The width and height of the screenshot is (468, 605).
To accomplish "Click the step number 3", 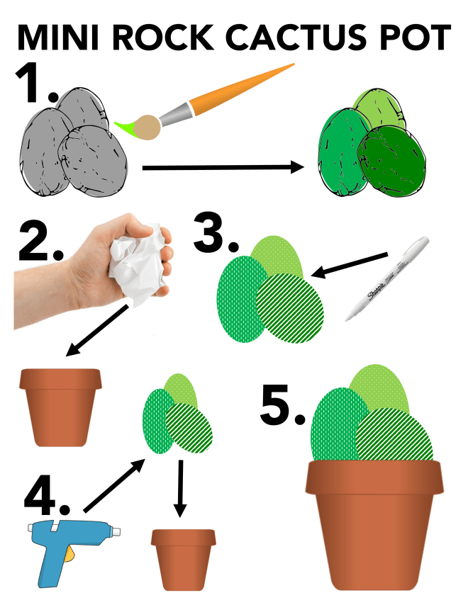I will pos(216,237).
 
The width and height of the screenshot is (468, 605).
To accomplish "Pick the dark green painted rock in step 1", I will pos(389,160).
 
